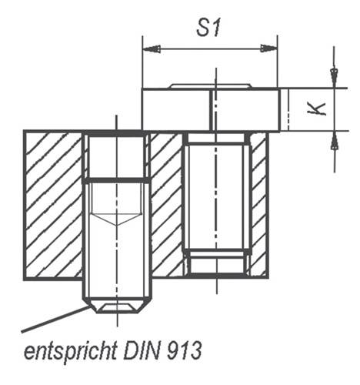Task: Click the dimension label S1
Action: coord(208,29)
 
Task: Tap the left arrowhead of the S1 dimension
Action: coord(151,49)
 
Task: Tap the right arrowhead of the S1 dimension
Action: coord(268,49)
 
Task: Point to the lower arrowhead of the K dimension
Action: coord(334,141)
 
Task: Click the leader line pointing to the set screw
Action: coord(54,317)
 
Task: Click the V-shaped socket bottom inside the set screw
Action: coord(117,219)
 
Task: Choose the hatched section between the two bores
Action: coord(165,205)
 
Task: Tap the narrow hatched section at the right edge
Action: coord(259,205)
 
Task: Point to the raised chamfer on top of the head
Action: coord(209,85)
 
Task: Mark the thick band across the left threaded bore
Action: coord(117,180)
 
